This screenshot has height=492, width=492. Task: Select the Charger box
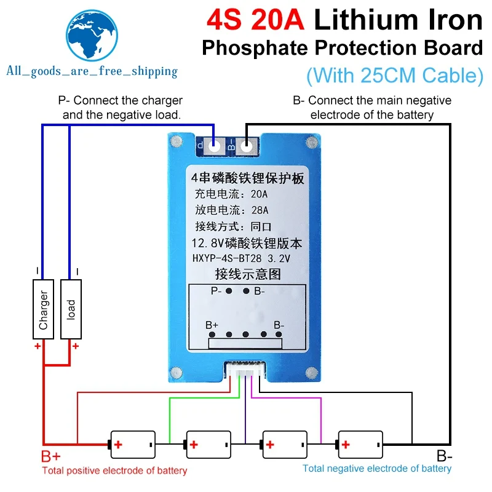(43, 309)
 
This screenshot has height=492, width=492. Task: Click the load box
(71, 309)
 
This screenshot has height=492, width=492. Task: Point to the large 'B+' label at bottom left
(52, 457)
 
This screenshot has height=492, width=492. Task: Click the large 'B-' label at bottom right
(445, 456)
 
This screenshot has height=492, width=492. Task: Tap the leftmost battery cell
(132, 443)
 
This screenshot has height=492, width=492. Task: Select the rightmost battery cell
(360, 443)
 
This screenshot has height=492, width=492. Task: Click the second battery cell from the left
(208, 443)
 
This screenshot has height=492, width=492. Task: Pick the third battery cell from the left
(284, 443)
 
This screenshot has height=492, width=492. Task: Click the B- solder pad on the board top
(247, 146)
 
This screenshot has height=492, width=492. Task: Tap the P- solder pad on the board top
(213, 146)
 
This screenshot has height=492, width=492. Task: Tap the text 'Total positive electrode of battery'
(114, 471)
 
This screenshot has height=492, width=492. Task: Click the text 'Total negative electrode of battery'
(376, 469)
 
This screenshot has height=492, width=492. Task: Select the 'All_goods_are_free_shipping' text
(91, 71)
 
